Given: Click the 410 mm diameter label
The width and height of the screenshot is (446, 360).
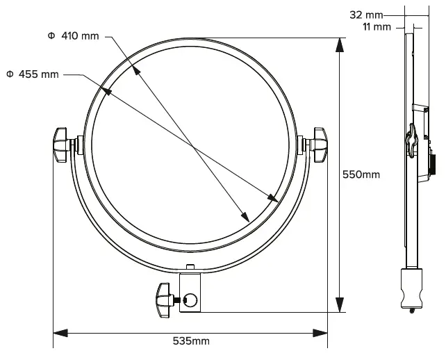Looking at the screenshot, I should [74, 35].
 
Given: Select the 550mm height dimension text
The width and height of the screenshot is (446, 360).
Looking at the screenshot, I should [361, 174].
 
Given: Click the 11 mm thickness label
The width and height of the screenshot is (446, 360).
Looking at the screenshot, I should [377, 26].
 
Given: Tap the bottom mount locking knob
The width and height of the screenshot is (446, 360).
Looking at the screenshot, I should [165, 300].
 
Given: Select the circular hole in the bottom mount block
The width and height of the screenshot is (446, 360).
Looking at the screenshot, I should [190, 300].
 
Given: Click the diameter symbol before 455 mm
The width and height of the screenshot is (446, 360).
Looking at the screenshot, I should [10, 74].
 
